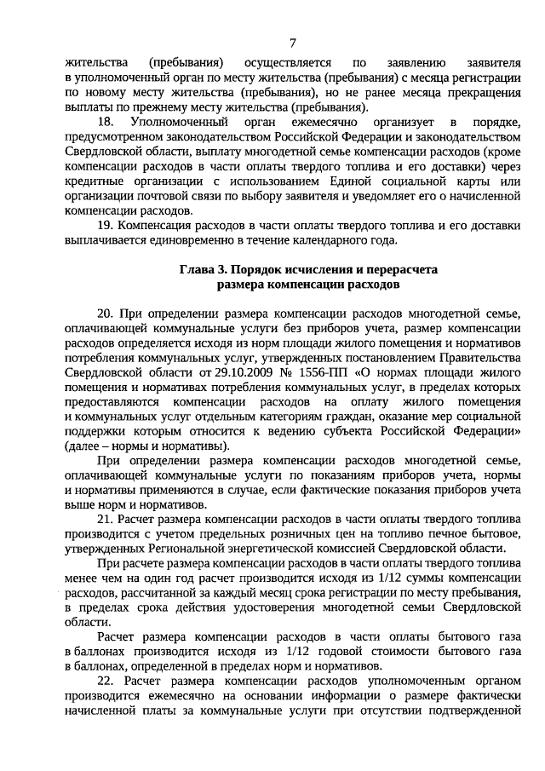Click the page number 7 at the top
pyautogui.click(x=292, y=43)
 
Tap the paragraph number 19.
pyautogui.click(x=106, y=226)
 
